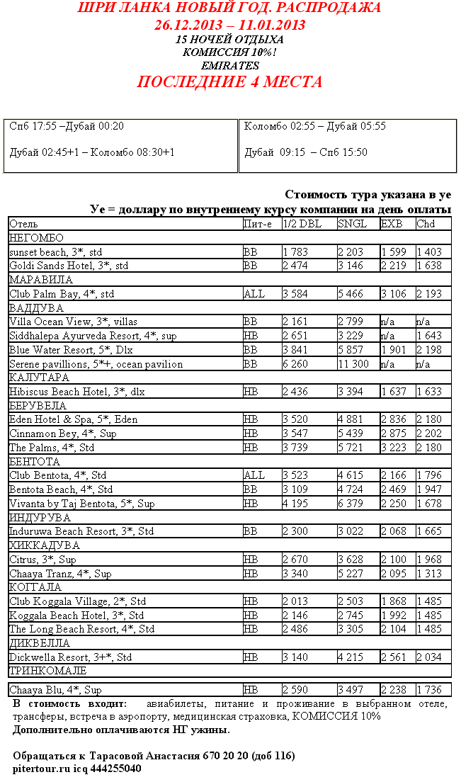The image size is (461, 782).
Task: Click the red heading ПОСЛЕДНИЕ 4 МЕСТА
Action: [229, 82]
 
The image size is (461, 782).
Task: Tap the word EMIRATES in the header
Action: [230, 65]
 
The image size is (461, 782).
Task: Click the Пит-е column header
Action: [257, 224]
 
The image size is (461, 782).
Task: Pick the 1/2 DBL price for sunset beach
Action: [296, 252]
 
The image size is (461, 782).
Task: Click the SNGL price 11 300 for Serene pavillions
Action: [353, 364]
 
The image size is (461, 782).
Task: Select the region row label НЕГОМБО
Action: [36, 238]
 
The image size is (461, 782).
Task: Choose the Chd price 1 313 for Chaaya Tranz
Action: [429, 574]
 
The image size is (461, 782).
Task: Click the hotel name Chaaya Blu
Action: [55, 690]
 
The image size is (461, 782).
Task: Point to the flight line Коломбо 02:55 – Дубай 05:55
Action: [315, 126]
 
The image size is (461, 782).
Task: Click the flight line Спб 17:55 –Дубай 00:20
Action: [67, 126]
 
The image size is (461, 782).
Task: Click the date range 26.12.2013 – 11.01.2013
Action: [230, 25]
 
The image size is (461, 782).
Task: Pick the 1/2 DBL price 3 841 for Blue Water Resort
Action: [296, 350]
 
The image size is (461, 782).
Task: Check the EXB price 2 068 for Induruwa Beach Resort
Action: [394, 531]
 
